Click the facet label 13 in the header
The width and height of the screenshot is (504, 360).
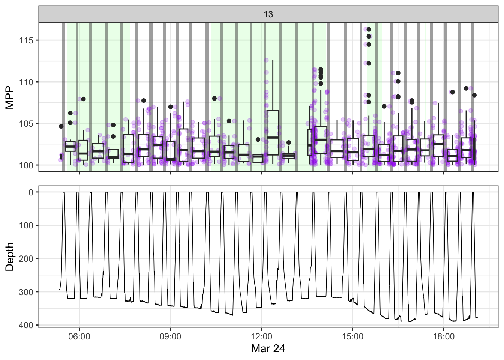point(268,14)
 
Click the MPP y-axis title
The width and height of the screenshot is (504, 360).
point(10,97)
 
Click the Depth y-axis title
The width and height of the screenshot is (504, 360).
point(10,256)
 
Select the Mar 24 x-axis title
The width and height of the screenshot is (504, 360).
point(268,348)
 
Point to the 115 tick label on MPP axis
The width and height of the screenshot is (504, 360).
point(26,40)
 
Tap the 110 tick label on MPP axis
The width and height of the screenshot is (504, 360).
point(26,82)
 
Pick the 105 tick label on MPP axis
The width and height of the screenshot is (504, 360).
point(26,124)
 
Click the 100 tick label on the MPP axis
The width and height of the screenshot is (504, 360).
point(26,165)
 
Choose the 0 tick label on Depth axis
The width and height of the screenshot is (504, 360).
point(31,192)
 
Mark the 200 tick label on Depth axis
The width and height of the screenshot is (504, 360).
point(26,259)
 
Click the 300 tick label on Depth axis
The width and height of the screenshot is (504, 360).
point(26,292)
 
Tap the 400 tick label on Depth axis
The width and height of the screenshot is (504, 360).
point(26,325)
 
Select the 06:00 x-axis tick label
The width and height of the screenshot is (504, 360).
point(79,336)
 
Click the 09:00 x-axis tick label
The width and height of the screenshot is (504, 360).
point(170,336)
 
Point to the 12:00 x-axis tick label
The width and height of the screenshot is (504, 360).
point(261,336)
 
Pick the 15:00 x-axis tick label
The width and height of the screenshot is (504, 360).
point(352,336)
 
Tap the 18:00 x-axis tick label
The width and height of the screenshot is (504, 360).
point(444,336)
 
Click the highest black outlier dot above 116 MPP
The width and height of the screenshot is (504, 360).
point(369,30)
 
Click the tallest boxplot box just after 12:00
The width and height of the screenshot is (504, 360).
point(273,132)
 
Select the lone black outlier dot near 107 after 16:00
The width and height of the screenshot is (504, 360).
point(384,106)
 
